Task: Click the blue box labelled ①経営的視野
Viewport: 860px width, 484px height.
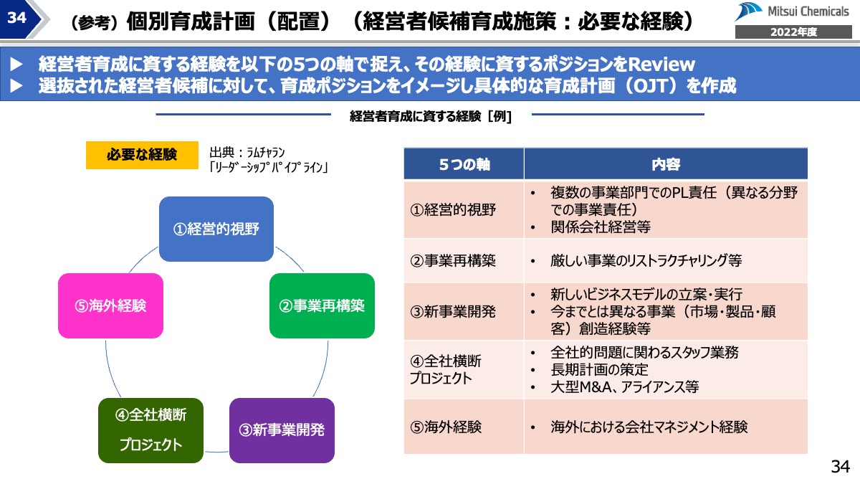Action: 216,229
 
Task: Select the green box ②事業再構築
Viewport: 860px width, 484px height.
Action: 322,305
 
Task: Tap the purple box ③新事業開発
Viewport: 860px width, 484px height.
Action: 282,430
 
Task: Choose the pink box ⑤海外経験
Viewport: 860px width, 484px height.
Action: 110,305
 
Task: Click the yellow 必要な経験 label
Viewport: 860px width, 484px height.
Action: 142,155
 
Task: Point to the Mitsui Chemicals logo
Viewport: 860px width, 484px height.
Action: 792,13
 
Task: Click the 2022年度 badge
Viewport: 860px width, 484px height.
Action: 793,32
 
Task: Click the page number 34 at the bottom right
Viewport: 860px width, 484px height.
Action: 839,467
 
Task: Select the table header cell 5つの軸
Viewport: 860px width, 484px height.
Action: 464,164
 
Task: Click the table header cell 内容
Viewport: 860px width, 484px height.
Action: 665,164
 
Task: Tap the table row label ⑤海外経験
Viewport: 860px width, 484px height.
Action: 446,427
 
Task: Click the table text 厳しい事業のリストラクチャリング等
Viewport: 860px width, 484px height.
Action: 646,261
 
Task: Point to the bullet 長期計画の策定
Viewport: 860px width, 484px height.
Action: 599,370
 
